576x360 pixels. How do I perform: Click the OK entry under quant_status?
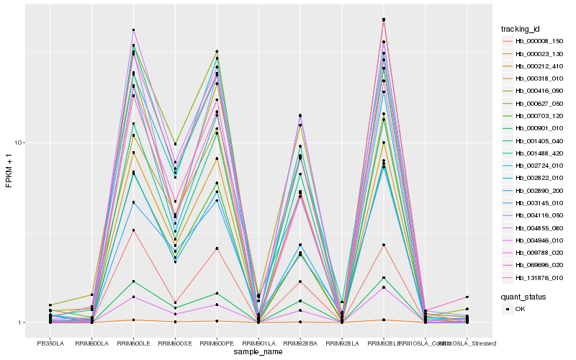pos(520,308)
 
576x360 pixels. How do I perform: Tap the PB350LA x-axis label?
pos(50,343)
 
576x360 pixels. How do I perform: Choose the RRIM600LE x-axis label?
pos(134,343)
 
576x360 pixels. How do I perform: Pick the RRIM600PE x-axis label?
pos(217,343)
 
